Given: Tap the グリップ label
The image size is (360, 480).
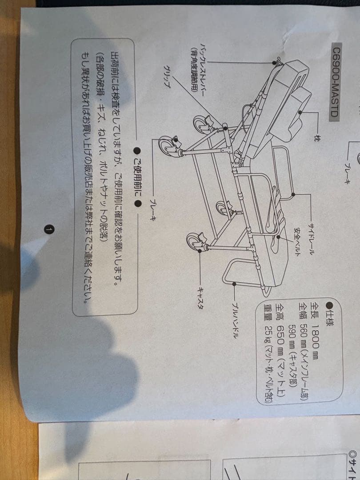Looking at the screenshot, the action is [x=167, y=76].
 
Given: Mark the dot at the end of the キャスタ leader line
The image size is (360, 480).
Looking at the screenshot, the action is [x=200, y=251].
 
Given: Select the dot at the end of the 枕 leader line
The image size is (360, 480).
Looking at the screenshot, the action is [x=300, y=112].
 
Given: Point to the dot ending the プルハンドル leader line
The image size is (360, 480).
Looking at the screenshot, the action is [x=235, y=284].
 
